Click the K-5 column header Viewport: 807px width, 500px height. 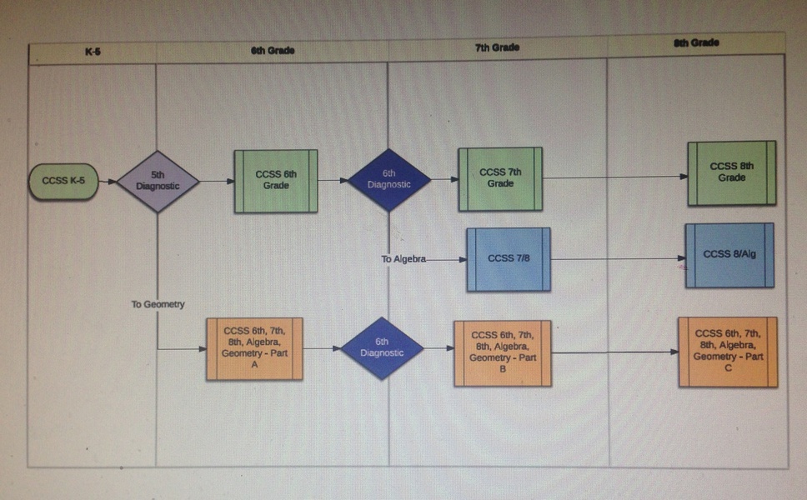click(x=93, y=52)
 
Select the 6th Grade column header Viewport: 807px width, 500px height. click(x=273, y=50)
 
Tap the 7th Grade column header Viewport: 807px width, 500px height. click(x=497, y=47)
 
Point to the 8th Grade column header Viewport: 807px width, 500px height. click(x=696, y=42)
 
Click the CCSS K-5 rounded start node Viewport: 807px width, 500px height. click(x=63, y=181)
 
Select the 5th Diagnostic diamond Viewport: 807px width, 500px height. click(x=158, y=181)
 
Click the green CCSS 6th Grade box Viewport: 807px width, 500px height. click(x=276, y=180)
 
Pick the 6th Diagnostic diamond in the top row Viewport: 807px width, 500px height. click(x=388, y=180)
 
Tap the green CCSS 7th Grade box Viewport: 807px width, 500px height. click(x=500, y=178)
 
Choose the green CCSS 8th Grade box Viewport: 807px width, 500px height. click(x=732, y=172)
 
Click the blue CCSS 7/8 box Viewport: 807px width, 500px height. click(x=509, y=259)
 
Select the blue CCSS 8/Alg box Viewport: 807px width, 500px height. click(x=729, y=255)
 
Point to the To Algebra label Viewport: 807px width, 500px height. click(x=403, y=259)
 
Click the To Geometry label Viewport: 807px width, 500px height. click(x=158, y=305)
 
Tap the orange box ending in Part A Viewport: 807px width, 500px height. click(x=254, y=348)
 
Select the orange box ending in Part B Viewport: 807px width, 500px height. click(x=503, y=352)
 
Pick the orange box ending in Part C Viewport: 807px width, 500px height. click(x=728, y=352)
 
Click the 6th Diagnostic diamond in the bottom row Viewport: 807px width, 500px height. click(x=382, y=347)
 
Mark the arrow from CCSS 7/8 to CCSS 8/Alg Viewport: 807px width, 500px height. click(x=617, y=259)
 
